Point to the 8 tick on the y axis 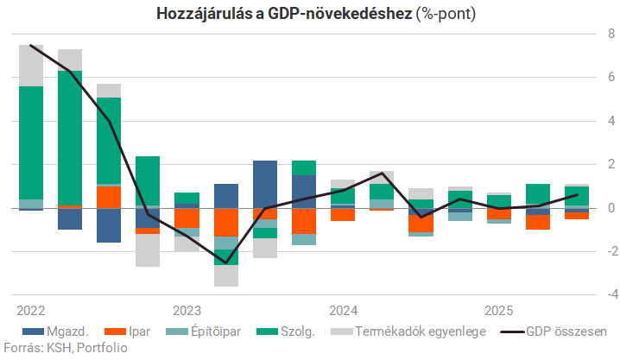(x=611, y=35)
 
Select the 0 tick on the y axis (x=611, y=208)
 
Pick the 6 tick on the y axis (x=611, y=78)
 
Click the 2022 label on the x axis (x=30, y=310)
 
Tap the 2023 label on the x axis (x=187, y=310)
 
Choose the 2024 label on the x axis (x=344, y=310)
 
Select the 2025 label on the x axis (x=500, y=310)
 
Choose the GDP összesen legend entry (x=566, y=331)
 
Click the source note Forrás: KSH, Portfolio (x=65, y=348)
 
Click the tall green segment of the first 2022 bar (x=31, y=142)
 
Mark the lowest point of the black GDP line (x=226, y=262)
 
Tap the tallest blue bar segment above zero (x=265, y=184)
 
